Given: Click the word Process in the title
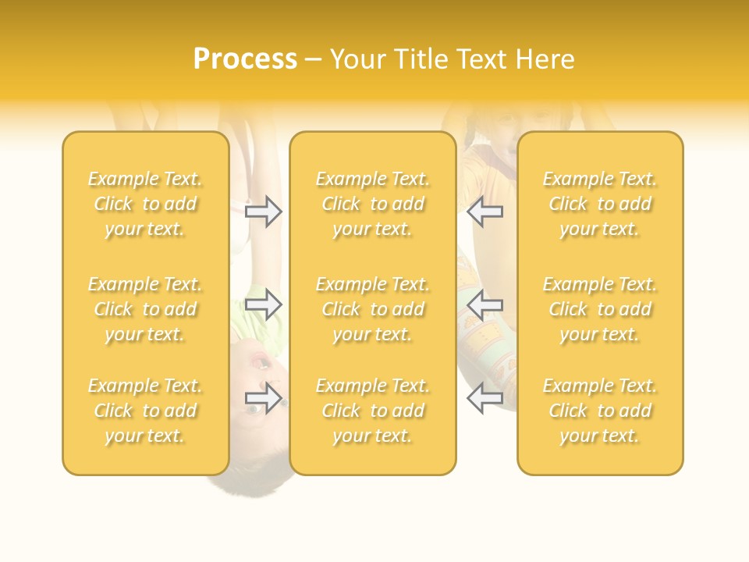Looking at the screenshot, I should (245, 59).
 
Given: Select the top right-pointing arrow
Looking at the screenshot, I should (263, 212).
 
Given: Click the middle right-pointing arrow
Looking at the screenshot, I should (263, 304).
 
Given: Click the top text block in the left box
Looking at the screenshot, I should (145, 204).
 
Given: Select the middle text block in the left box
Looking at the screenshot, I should (145, 309).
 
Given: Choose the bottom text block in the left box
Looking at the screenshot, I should (145, 411).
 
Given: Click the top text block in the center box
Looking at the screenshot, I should (373, 204).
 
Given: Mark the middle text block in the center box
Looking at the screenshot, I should (373, 309).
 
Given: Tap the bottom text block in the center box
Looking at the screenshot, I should (373, 411).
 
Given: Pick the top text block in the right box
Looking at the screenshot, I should (600, 204).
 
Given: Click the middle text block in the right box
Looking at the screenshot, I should (600, 309).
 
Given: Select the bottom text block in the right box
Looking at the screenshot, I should (600, 411).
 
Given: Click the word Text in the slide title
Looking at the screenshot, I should (482, 59).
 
